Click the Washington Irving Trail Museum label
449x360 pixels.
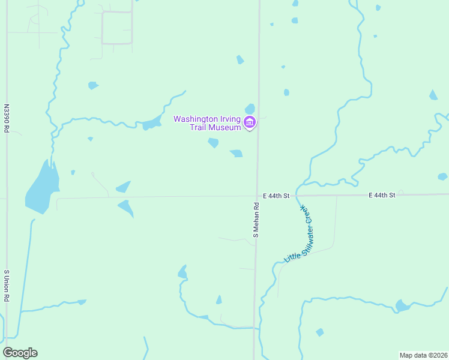point(207,122)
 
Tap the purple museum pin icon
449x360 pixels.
point(250,124)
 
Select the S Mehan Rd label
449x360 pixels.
point(256,220)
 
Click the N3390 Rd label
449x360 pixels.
point(7,119)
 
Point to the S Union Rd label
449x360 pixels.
point(7,286)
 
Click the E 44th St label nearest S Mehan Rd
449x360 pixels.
point(276,196)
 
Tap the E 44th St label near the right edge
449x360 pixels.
point(382,195)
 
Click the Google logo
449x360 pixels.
point(20,353)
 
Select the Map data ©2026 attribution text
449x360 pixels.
point(423,355)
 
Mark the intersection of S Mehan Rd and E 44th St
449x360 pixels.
point(258,196)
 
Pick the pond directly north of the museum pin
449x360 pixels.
point(250,108)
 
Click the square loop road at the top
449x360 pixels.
point(116,28)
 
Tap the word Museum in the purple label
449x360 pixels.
point(224,127)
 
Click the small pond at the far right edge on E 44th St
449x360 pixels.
point(442,176)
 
